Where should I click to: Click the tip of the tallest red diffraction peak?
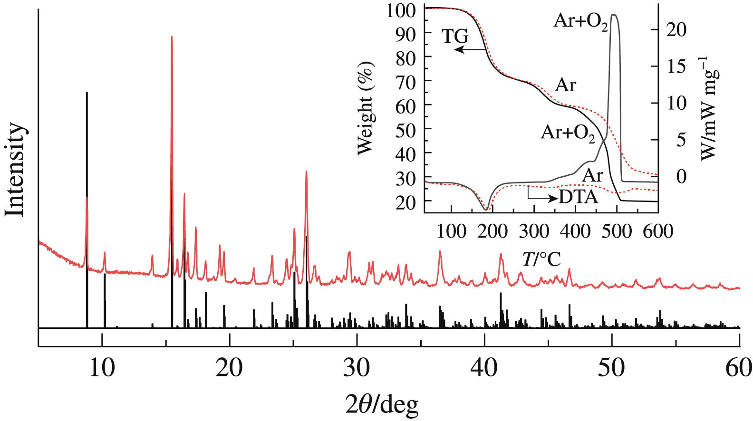172,37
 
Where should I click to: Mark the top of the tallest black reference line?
87,92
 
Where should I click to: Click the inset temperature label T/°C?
541,259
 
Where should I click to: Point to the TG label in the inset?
455,36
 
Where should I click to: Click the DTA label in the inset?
578,196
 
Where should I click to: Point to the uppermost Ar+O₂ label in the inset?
581,22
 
